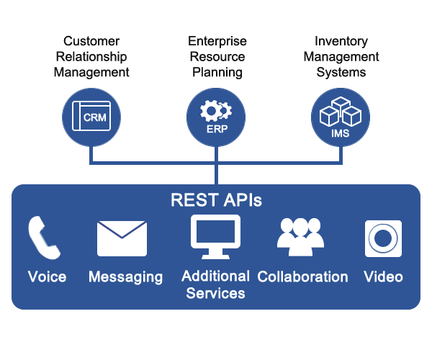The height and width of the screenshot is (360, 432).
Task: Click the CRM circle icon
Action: (91, 117)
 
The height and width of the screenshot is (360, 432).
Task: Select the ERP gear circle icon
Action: (215, 117)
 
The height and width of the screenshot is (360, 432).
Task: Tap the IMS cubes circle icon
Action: (340, 117)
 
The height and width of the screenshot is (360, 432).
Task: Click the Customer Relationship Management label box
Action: (91, 58)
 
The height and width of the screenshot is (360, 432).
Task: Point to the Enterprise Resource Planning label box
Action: (215, 58)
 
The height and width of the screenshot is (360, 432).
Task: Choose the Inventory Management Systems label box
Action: (341, 58)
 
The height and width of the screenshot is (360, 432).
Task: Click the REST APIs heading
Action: (215, 200)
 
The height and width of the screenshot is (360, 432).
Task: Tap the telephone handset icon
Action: (45, 238)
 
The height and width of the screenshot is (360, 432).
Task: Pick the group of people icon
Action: (301, 237)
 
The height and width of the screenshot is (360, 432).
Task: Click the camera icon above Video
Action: (383, 238)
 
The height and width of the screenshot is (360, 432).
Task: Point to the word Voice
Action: (47, 277)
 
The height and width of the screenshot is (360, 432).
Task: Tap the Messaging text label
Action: (125, 277)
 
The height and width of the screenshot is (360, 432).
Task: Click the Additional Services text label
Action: (215, 284)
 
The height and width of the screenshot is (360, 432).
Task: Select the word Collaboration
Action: (302, 277)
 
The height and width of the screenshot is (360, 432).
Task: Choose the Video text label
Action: (383, 277)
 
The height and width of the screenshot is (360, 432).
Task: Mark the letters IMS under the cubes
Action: (340, 132)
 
